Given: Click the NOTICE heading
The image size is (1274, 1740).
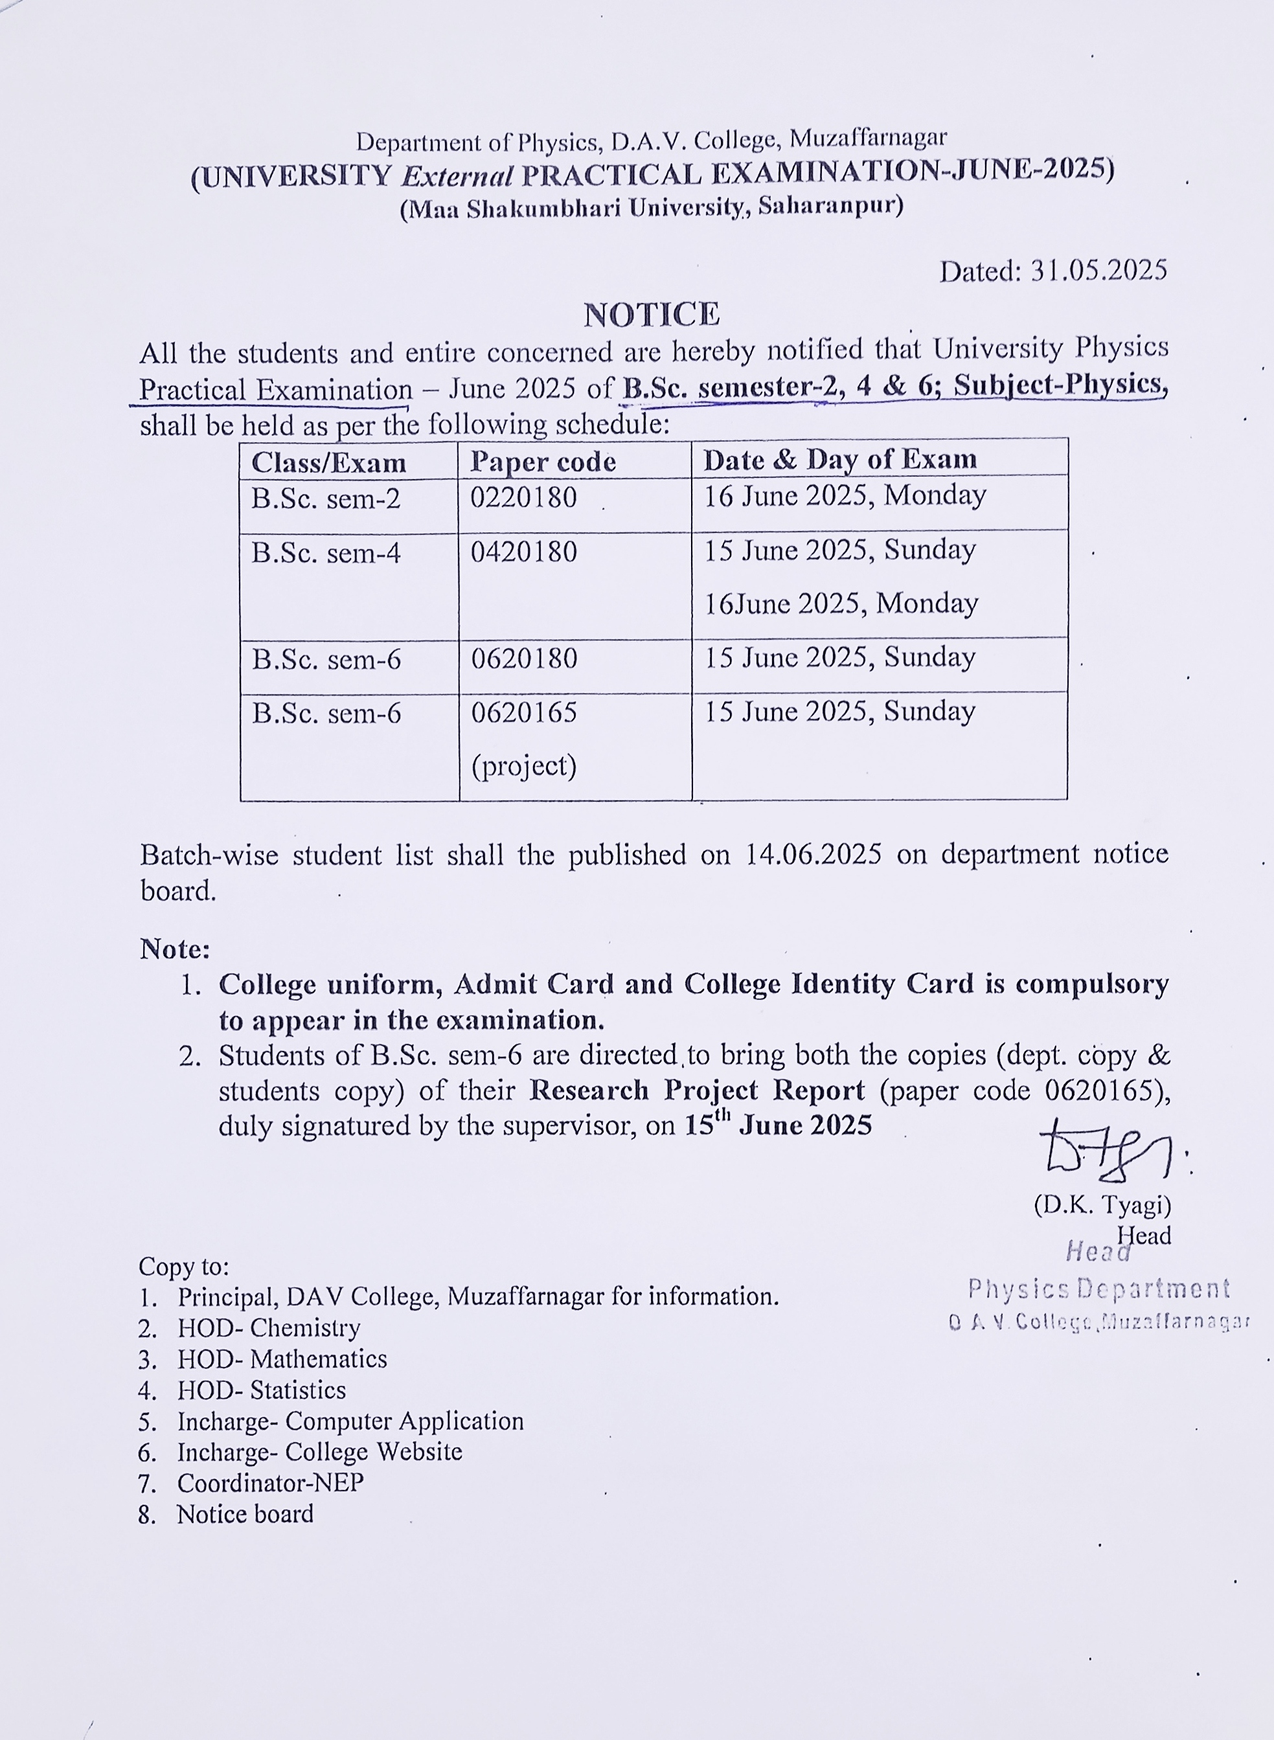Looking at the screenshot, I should (x=651, y=315).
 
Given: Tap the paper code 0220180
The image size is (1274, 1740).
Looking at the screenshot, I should (x=523, y=497).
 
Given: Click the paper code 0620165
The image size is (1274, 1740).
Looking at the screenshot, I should (x=523, y=712).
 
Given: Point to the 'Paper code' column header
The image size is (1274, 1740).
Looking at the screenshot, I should (x=543, y=462).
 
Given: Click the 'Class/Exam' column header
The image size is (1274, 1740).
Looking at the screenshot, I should (x=328, y=462).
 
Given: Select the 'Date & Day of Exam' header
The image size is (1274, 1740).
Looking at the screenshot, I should (x=840, y=460).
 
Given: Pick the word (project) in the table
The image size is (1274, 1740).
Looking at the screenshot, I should (x=523, y=765).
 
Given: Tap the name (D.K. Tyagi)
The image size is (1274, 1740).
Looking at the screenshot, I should (x=1102, y=1205).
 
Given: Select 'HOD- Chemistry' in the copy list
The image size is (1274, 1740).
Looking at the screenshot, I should (x=268, y=1328).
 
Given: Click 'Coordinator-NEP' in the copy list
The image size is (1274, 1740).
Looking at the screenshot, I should (x=270, y=1482).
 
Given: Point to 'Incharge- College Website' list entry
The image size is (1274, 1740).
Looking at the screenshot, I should (x=319, y=1452).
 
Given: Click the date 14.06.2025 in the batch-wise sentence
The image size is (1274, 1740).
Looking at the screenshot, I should (x=813, y=855).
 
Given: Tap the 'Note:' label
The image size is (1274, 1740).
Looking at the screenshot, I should (x=175, y=949).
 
